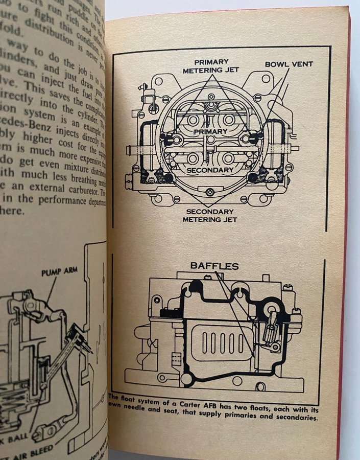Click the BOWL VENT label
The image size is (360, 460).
289,64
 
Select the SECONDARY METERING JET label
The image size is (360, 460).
210,216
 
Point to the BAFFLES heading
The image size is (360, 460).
214,266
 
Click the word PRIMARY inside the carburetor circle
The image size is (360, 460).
210,131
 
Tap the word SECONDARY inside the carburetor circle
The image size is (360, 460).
209,170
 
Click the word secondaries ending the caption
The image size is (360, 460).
294,418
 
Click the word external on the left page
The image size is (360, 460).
43,188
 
